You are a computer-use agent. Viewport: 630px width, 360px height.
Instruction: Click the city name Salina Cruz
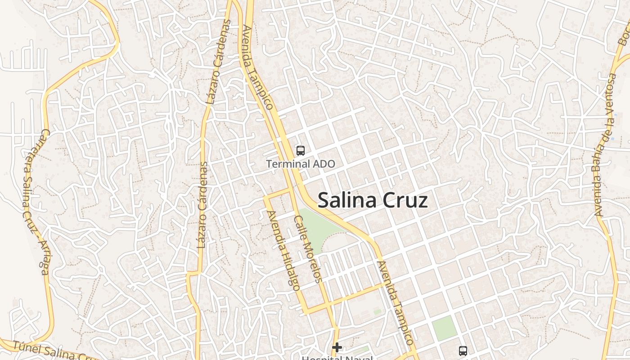[373, 201]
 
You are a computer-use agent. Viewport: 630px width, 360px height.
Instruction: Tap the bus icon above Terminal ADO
[301, 151]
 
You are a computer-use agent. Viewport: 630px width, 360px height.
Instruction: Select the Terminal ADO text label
[301, 164]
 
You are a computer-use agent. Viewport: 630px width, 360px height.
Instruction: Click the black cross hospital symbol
[337, 347]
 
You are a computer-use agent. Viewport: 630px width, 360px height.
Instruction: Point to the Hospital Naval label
[337, 358]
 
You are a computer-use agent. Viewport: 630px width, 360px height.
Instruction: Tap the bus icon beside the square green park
[463, 351]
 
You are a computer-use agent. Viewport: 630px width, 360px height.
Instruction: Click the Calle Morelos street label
[308, 249]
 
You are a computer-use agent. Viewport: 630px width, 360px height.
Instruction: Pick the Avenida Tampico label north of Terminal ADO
[258, 67]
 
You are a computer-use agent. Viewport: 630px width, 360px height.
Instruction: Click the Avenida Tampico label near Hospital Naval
[395, 303]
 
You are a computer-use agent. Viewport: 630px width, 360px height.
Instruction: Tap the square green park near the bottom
[445, 328]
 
